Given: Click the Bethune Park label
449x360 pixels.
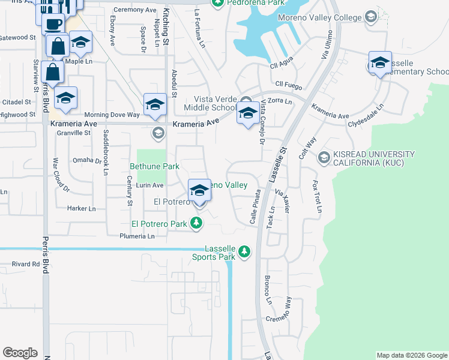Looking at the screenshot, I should click(x=155, y=166).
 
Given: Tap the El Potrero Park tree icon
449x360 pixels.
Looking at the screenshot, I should click(x=196, y=224).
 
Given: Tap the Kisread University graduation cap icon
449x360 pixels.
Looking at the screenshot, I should click(x=324, y=157).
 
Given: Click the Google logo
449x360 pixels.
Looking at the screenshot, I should click(x=20, y=353).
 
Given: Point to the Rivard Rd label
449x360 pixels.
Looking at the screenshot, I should click(x=26, y=264).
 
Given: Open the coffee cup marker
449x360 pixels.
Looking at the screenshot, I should click(x=53, y=25).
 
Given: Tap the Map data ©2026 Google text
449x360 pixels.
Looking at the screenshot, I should click(x=411, y=355).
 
